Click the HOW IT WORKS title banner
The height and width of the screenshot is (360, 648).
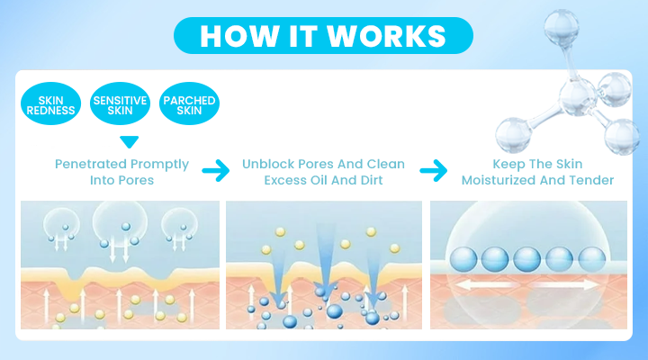coord(323,35)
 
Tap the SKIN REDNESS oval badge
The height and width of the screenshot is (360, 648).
coord(50,103)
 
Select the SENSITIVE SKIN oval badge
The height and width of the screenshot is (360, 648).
coord(120,103)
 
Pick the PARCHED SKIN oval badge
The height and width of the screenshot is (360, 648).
coord(189,103)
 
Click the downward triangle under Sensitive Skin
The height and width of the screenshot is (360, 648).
coord(130,142)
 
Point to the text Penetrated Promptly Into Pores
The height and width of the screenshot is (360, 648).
coord(121,172)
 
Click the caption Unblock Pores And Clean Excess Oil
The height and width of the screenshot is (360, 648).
coord(323,172)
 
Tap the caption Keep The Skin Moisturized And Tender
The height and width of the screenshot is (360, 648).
coord(537,172)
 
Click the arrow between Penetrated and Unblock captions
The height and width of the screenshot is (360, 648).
coord(216,170)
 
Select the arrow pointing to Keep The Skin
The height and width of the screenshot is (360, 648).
coord(434,170)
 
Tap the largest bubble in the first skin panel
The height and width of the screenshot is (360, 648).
coord(120,221)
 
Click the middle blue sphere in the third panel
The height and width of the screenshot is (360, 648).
coord(526,259)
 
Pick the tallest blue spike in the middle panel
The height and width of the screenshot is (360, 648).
coord(326,256)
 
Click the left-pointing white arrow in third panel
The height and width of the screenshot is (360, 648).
coord(484,284)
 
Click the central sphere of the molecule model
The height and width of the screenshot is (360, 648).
coord(578,98)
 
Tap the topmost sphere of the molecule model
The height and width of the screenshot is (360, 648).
coord(562,27)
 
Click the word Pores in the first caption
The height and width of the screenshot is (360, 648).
coord(137,180)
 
